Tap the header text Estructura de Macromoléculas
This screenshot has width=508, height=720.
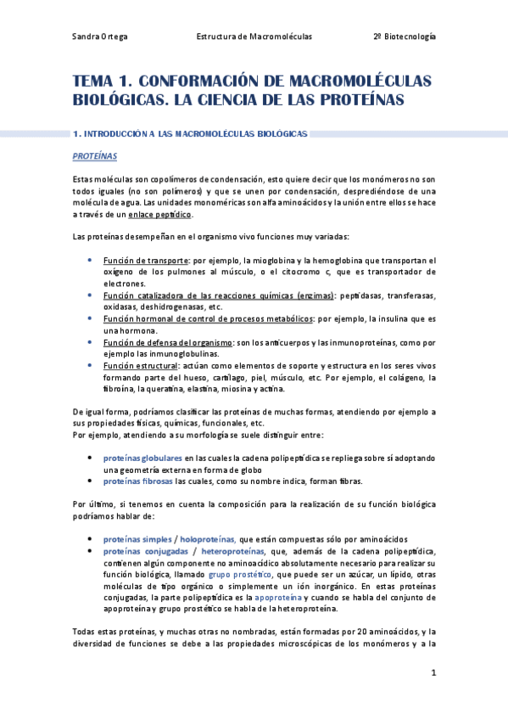pos(254,37)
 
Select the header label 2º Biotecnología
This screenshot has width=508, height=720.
pos(405,37)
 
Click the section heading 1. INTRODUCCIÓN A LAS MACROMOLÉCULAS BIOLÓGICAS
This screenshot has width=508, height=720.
pos(191,134)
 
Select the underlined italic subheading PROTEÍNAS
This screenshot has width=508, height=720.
pos(95,157)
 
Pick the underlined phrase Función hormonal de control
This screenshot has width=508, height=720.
pos(158,318)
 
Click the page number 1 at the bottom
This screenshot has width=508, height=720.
pos(433,673)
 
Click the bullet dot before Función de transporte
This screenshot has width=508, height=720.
pos(90,260)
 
